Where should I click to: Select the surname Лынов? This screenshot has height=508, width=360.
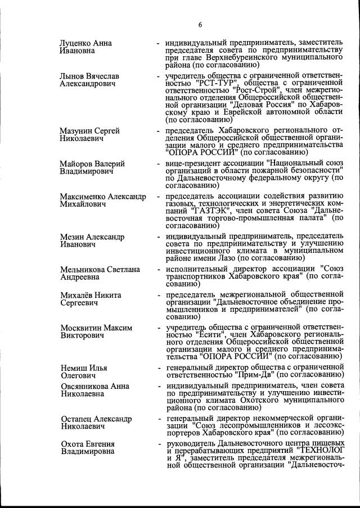tap(73, 75)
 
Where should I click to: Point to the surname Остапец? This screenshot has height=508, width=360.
tap(76, 419)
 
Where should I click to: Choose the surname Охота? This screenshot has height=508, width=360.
tap(73, 444)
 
